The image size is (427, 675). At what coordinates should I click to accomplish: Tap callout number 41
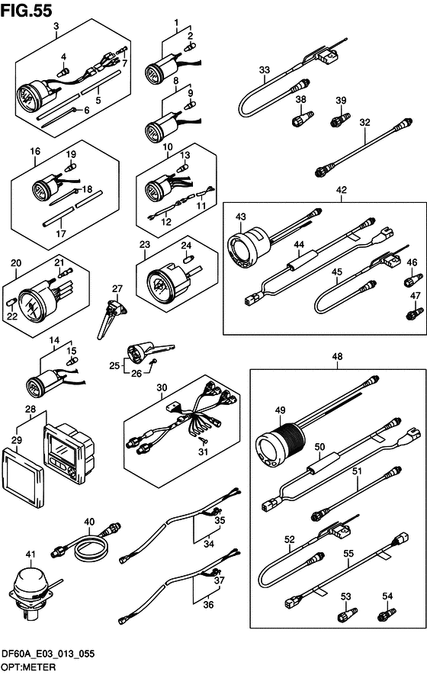click(30, 554)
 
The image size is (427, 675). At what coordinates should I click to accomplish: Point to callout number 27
click(117, 289)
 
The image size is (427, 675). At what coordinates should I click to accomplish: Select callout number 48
click(338, 356)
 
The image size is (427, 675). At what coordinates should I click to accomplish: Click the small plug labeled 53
click(346, 614)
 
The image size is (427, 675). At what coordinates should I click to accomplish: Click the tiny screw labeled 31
click(203, 439)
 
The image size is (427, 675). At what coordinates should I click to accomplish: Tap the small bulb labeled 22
click(12, 301)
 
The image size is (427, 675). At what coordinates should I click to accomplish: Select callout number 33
click(265, 69)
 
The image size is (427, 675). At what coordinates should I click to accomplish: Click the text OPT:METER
click(29, 667)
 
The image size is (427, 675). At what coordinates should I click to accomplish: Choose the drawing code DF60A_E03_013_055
click(48, 654)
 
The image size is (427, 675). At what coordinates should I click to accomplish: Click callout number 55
click(348, 553)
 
